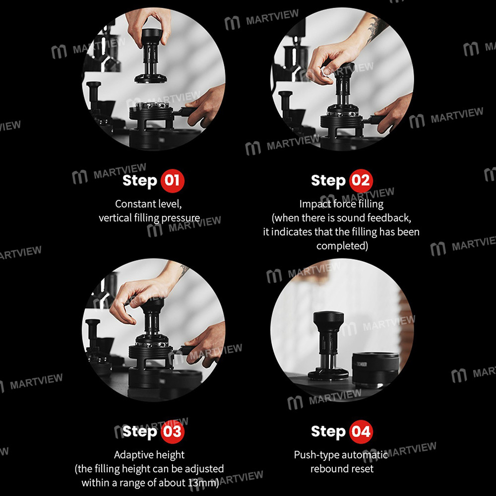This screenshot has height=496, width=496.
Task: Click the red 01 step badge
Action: (x=172, y=181)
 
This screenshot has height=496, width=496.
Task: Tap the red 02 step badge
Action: (x=361, y=181)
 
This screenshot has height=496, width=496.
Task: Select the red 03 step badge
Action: (x=172, y=432)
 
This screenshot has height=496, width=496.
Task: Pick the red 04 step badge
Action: (x=361, y=432)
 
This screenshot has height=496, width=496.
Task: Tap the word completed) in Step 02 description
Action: (x=342, y=246)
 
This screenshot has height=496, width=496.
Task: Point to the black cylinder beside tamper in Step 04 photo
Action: (x=375, y=369)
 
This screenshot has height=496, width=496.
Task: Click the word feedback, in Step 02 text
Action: (x=389, y=218)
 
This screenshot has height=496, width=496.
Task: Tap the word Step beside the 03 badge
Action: (x=140, y=432)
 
